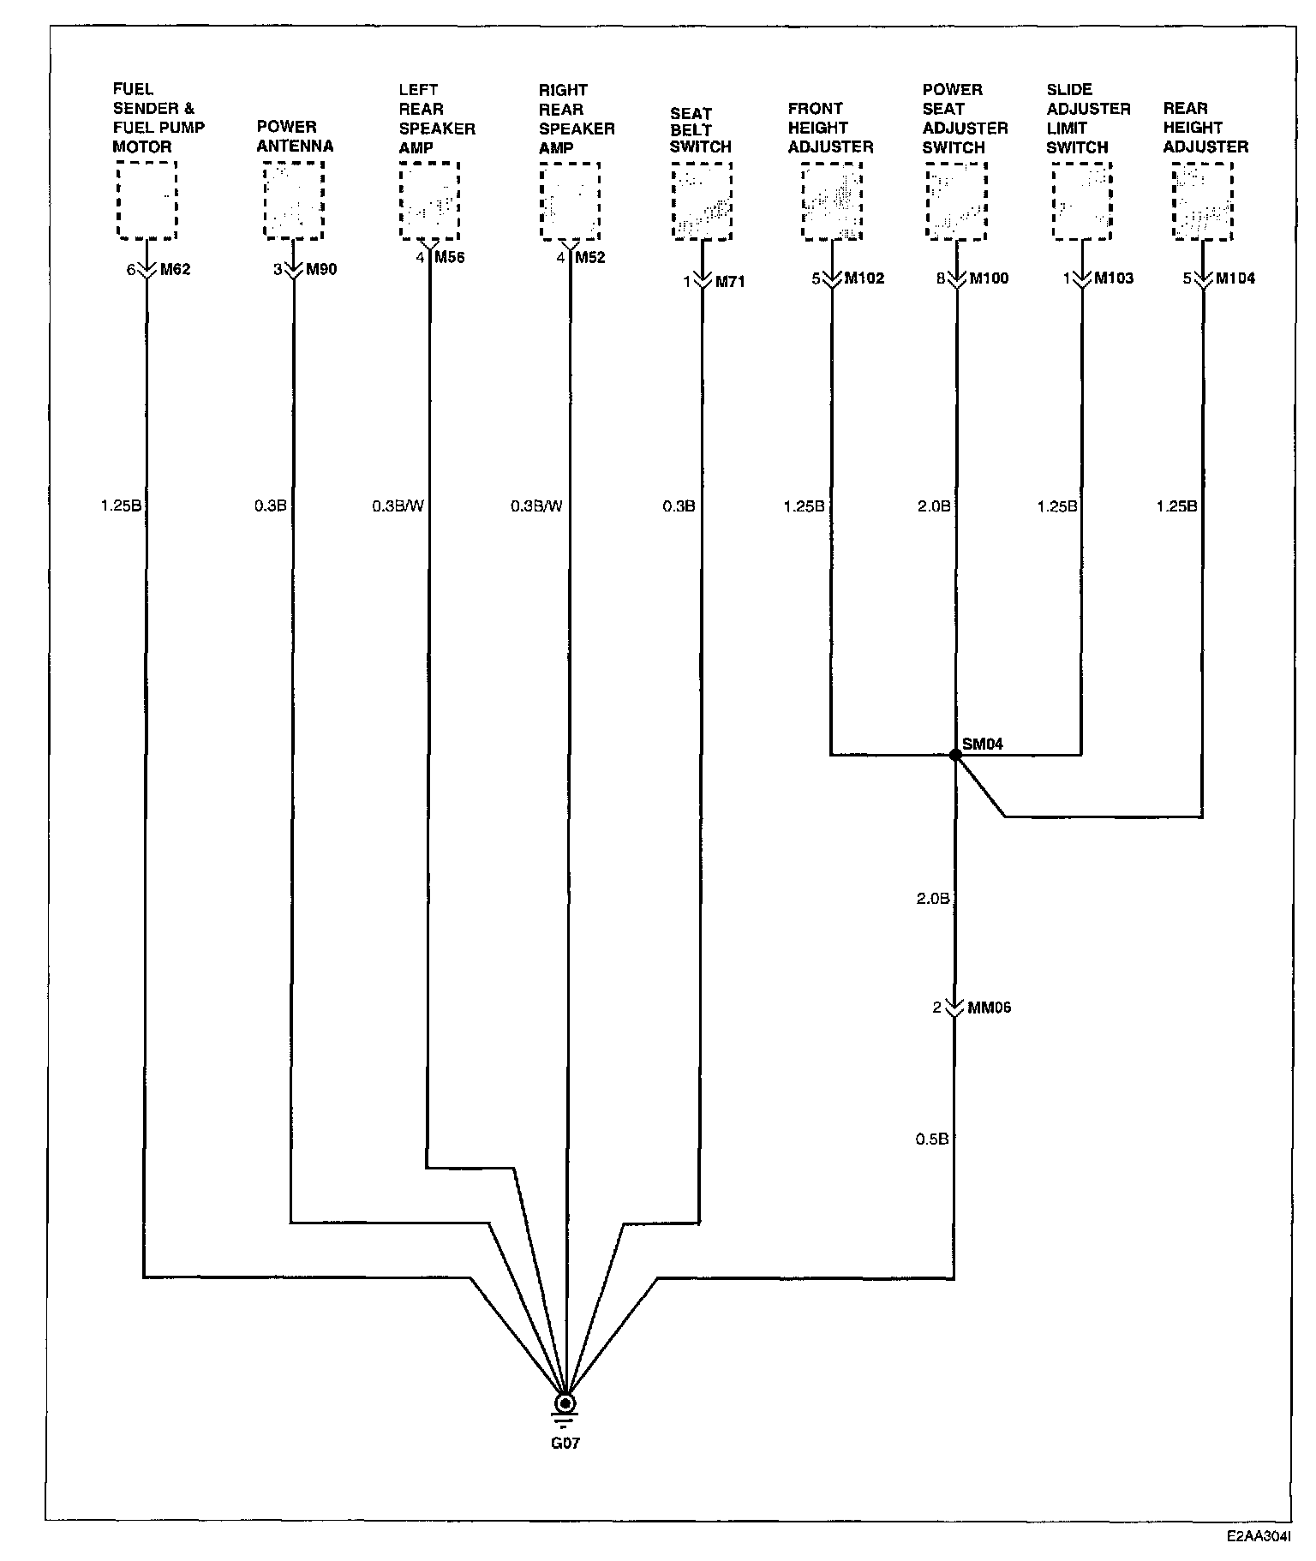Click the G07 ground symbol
pyautogui.click(x=565, y=1404)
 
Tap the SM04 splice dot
pyautogui.click(x=954, y=755)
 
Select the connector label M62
pyautogui.click(x=176, y=270)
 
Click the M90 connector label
pyautogui.click(x=321, y=270)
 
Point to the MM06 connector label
pyautogui.click(x=989, y=1008)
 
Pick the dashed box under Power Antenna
pyautogui.click(x=294, y=200)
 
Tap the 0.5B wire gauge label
pyautogui.click(x=932, y=1139)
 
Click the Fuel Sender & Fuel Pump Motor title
pyautogui.click(x=159, y=117)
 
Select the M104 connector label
pyautogui.click(x=1235, y=278)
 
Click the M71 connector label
pyautogui.click(x=729, y=282)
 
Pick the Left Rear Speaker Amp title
pyautogui.click(x=436, y=118)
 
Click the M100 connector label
pyautogui.click(x=989, y=278)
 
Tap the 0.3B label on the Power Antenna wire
pyautogui.click(x=270, y=506)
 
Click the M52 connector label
pyautogui.click(x=590, y=258)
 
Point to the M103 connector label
pyautogui.click(x=1114, y=278)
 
